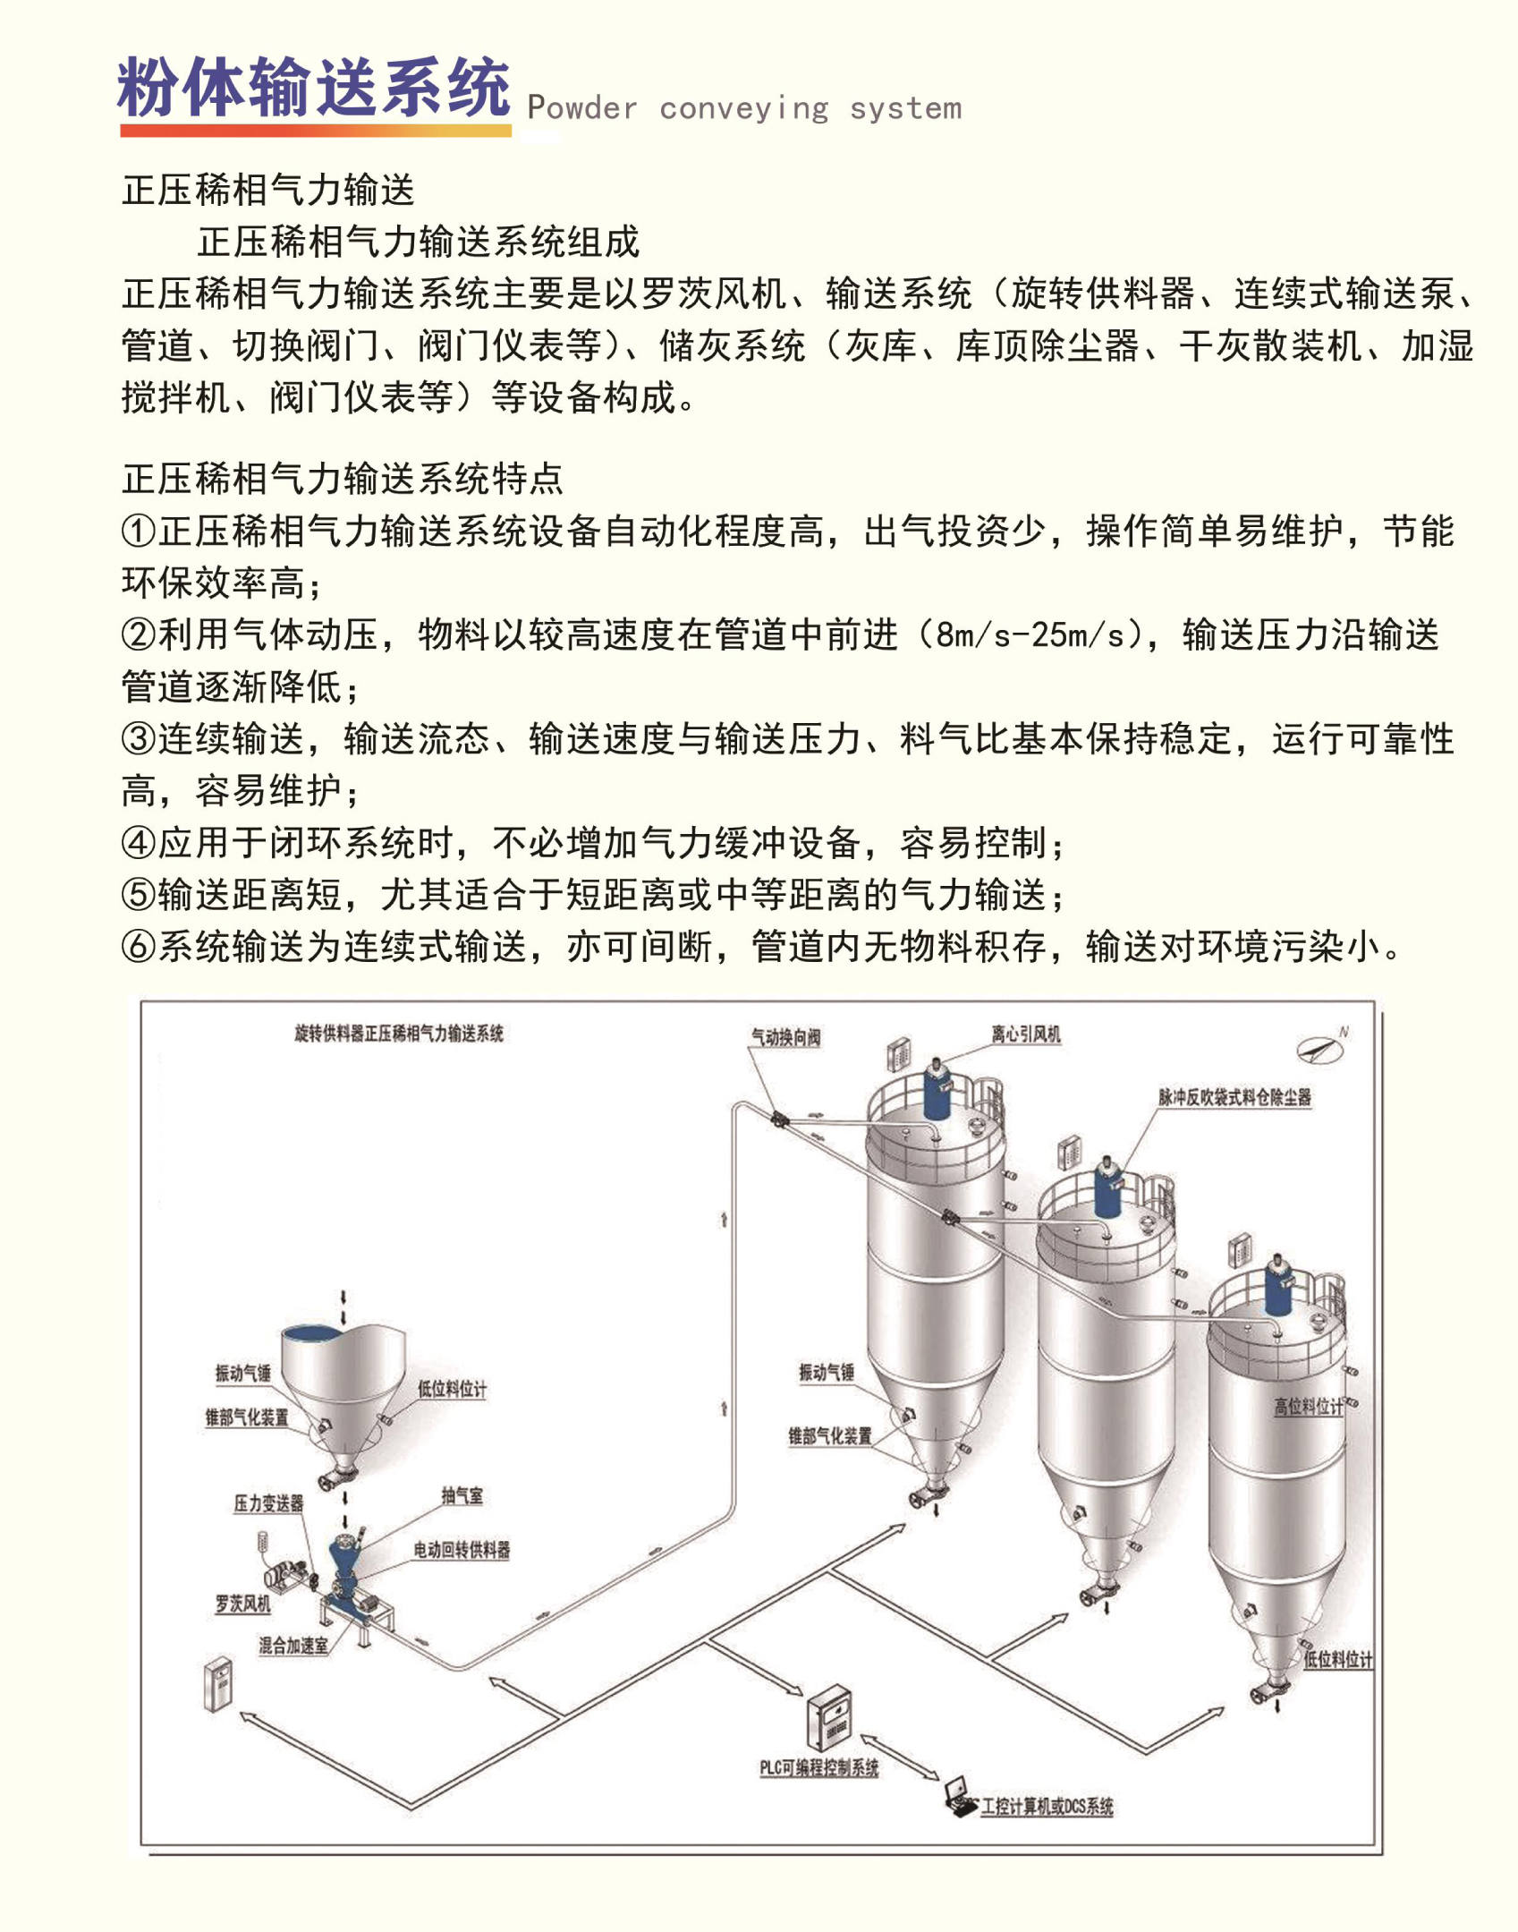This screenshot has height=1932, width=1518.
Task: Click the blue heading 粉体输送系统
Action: [313, 88]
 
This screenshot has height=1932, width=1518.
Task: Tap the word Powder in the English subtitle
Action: [582, 108]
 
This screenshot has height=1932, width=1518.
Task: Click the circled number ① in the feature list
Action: [139, 532]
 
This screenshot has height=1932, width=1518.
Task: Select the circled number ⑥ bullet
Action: [139, 947]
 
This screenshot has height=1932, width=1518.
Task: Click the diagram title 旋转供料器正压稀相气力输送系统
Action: [399, 1034]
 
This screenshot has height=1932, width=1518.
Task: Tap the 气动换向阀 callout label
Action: [785, 1037]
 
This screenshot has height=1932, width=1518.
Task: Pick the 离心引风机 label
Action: [1025, 1034]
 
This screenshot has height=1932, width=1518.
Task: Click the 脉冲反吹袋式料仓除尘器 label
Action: [1234, 1097]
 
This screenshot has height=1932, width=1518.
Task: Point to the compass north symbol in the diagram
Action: [1321, 1048]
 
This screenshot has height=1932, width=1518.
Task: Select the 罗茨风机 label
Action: [242, 1604]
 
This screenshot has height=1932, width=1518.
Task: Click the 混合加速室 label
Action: [293, 1645]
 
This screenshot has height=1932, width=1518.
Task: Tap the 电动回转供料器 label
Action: [462, 1550]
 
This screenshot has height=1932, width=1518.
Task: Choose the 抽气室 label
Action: [462, 1495]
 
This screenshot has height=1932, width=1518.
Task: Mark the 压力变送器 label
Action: [268, 1503]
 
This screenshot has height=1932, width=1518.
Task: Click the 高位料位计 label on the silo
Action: [1308, 1407]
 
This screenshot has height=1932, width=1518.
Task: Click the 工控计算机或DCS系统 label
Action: [1047, 1807]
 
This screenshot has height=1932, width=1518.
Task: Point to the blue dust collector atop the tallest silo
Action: [937, 1090]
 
